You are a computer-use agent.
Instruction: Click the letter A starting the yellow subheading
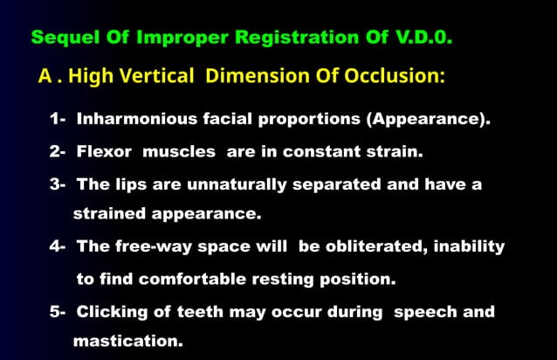(x=46, y=76)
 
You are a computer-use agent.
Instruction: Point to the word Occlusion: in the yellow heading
(x=394, y=76)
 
